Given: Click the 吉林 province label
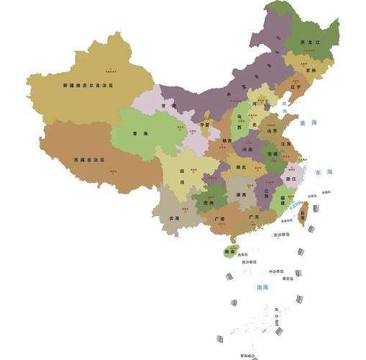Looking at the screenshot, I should coord(310,71).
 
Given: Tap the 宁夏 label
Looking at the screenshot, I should coord(205,125).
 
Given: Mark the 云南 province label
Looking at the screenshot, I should coord(174,217).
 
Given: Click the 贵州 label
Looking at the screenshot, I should coord(208,204).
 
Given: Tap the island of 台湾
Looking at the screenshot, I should coord(303,213).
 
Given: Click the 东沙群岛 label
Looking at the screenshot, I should coord(281,235).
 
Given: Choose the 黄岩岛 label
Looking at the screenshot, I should coord(288,279).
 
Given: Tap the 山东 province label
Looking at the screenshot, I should coord(273,130).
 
